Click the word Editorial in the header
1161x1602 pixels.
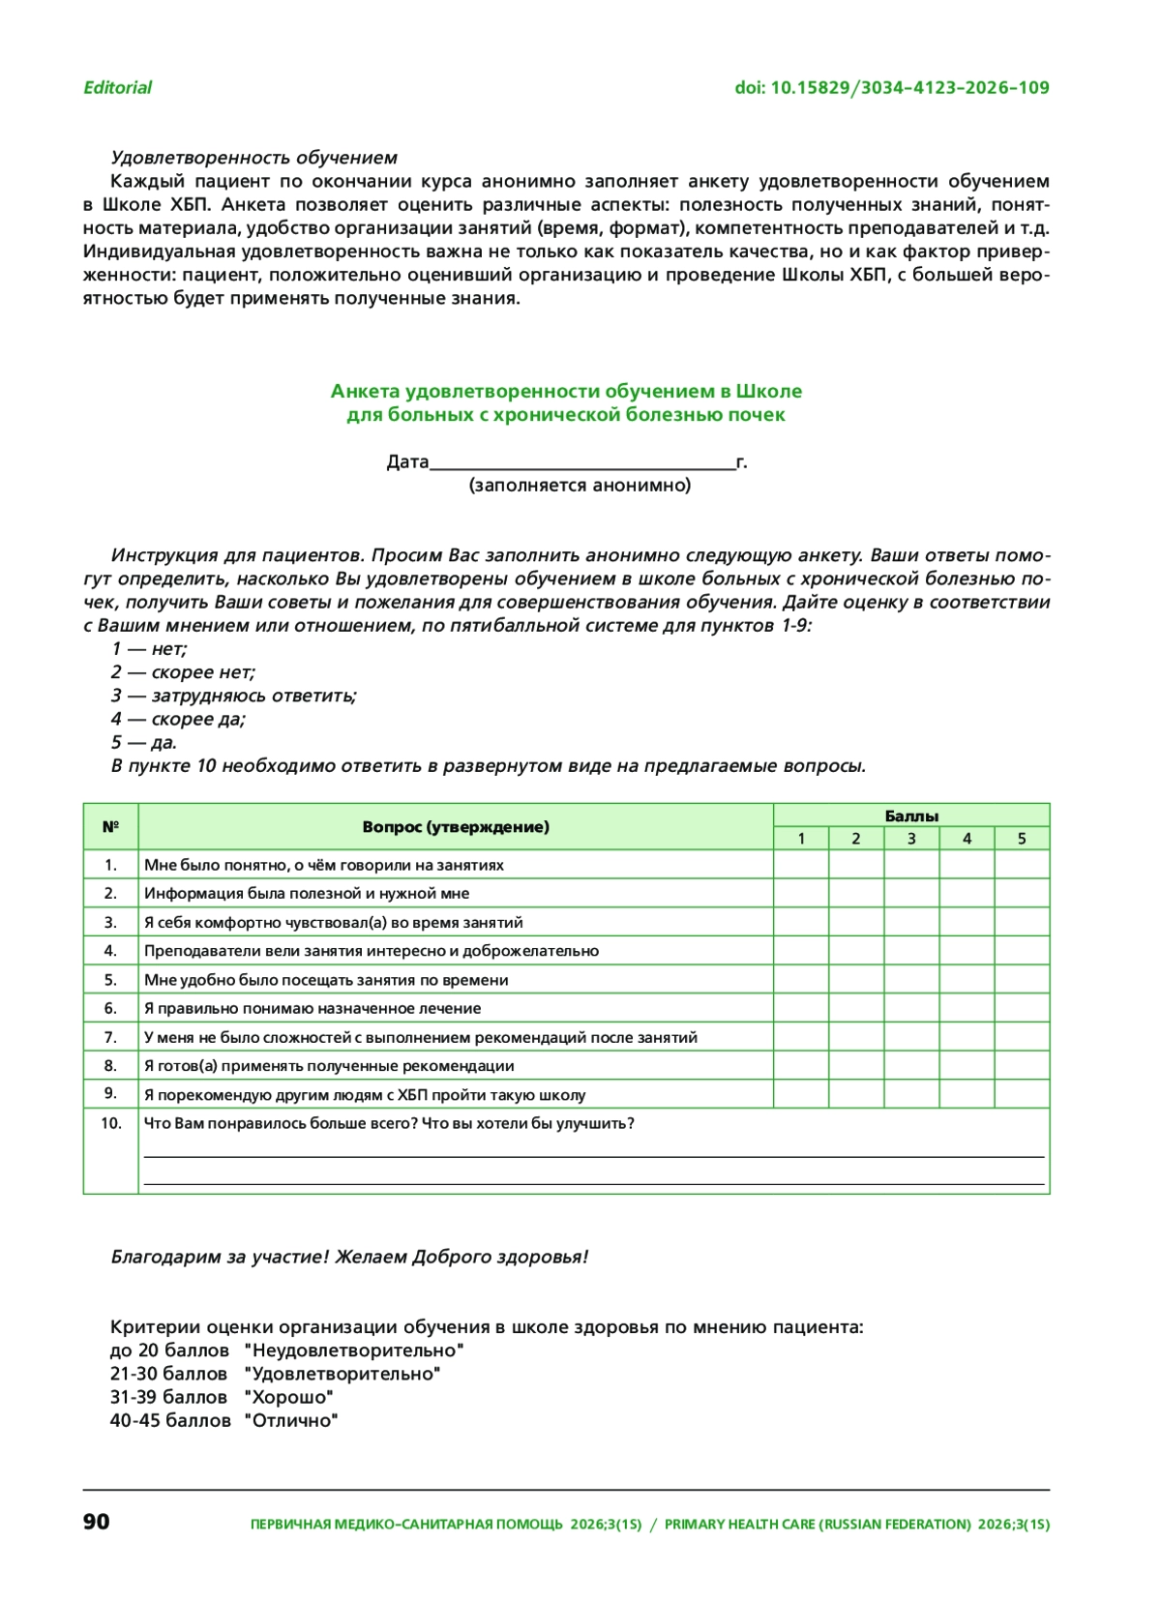point(117,88)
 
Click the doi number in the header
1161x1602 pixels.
point(891,88)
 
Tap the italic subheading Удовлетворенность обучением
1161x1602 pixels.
point(253,158)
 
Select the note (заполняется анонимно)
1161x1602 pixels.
point(580,486)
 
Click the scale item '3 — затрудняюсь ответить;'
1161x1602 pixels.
point(233,696)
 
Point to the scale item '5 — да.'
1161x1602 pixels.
point(143,743)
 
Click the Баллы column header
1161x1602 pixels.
point(910,816)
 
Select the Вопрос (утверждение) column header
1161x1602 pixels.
point(455,827)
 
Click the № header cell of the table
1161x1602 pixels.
point(110,827)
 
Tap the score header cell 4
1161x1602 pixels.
point(966,839)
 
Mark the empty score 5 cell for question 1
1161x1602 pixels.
point(1021,865)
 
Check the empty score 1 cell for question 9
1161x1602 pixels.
point(800,1094)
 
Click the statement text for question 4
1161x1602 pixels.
point(371,951)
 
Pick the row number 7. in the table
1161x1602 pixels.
point(110,1037)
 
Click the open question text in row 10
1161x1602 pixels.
point(389,1123)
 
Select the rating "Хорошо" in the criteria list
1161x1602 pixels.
point(288,1398)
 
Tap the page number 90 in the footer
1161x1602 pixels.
point(97,1522)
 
